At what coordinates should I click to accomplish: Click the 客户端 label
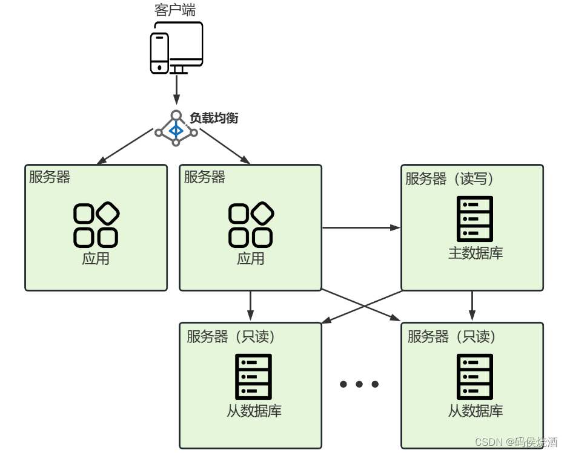click(176, 10)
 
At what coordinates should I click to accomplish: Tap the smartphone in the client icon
click(159, 53)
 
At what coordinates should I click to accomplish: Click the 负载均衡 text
click(214, 118)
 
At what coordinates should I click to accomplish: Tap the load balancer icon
click(176, 129)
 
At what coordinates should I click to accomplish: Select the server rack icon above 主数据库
click(474, 218)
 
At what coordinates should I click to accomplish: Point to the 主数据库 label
click(475, 253)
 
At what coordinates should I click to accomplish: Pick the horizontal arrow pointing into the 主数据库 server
click(361, 228)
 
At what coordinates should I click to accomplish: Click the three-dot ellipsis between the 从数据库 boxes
click(359, 384)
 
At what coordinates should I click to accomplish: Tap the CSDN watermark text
click(516, 442)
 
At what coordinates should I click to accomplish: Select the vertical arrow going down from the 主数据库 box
click(472, 305)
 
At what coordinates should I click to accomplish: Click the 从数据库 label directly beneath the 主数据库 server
click(475, 411)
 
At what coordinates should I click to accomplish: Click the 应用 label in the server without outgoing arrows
click(96, 259)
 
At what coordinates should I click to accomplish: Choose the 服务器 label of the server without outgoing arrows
click(50, 177)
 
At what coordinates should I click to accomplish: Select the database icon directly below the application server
click(253, 376)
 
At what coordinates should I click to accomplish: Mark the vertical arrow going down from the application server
click(251, 305)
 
